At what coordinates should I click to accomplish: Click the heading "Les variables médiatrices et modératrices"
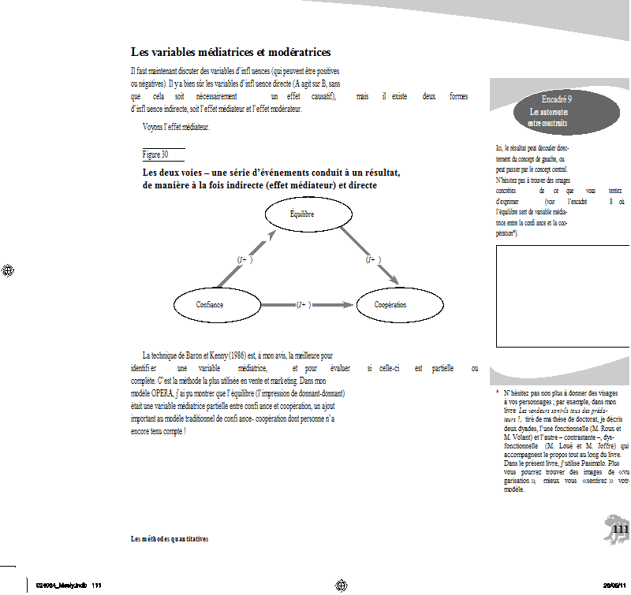(230, 52)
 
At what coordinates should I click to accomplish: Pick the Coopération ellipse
(390, 304)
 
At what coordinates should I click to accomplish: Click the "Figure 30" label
(155, 154)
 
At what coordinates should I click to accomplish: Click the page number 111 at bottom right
(620, 530)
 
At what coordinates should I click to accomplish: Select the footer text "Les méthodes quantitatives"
(170, 539)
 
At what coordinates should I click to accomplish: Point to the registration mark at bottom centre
(342, 585)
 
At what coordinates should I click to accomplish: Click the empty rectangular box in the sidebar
(563, 296)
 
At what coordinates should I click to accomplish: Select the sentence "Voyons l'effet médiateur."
(176, 128)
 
